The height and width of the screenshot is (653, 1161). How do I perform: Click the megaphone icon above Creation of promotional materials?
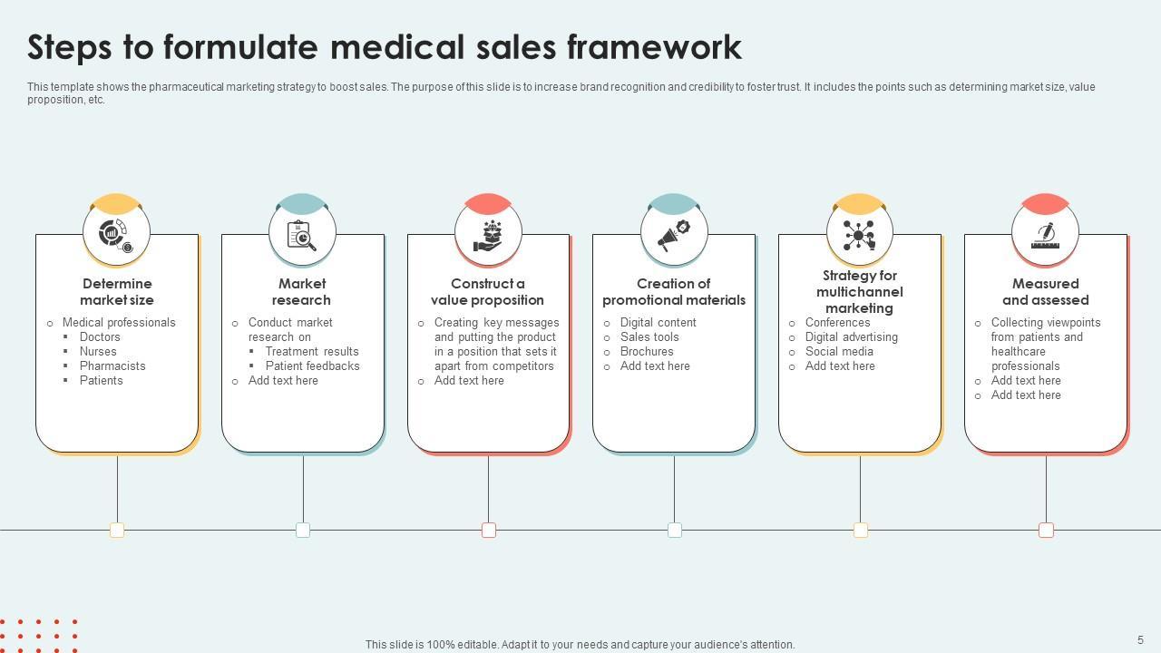pyautogui.click(x=674, y=234)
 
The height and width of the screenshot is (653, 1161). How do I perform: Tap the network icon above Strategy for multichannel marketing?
pyautogui.click(x=859, y=234)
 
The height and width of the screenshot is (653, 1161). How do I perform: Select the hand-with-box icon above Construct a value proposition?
pyautogui.click(x=488, y=234)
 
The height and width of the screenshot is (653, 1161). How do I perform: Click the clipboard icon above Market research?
pyautogui.click(x=302, y=234)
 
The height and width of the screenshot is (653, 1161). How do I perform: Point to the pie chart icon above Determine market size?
pyautogui.click(x=116, y=234)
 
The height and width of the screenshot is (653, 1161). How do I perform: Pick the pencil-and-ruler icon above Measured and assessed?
pyautogui.click(x=1045, y=234)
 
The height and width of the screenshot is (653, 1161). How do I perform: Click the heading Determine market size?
pyautogui.click(x=117, y=292)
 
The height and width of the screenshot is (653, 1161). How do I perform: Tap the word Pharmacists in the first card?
pyautogui.click(x=112, y=366)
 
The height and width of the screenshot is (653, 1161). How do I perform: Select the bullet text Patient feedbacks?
pyautogui.click(x=313, y=366)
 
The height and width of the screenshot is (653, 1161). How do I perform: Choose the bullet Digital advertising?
pyautogui.click(x=852, y=337)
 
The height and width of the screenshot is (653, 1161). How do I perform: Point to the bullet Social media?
pyautogui.click(x=839, y=352)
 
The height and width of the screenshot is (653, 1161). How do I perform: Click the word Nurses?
pyautogui.click(x=98, y=352)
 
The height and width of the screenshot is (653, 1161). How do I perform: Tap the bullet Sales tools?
pyautogui.click(x=649, y=337)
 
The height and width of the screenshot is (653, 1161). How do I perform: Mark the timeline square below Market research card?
pyautogui.click(x=303, y=530)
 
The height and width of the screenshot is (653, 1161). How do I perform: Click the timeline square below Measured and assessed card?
pyautogui.click(x=1046, y=530)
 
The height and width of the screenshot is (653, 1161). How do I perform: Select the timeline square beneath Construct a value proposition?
pyautogui.click(x=489, y=530)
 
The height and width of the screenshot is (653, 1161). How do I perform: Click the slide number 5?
pyautogui.click(x=1141, y=640)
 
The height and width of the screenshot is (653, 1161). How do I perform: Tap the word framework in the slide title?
pyautogui.click(x=654, y=47)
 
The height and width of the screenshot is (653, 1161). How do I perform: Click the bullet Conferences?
pyautogui.click(x=838, y=323)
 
